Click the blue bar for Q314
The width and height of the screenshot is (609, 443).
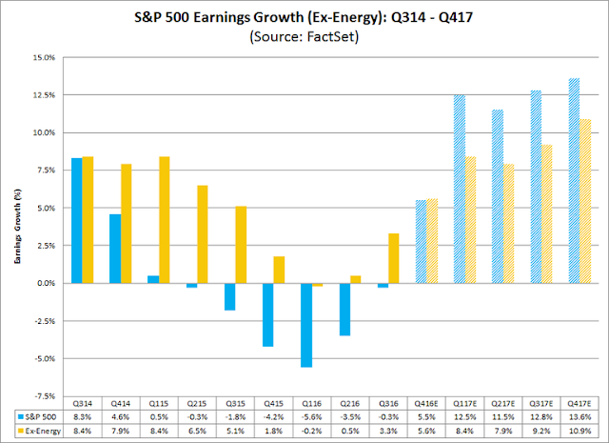click(76, 220)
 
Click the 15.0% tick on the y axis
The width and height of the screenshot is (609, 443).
click(44, 56)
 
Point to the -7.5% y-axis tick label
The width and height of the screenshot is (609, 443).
click(43, 395)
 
